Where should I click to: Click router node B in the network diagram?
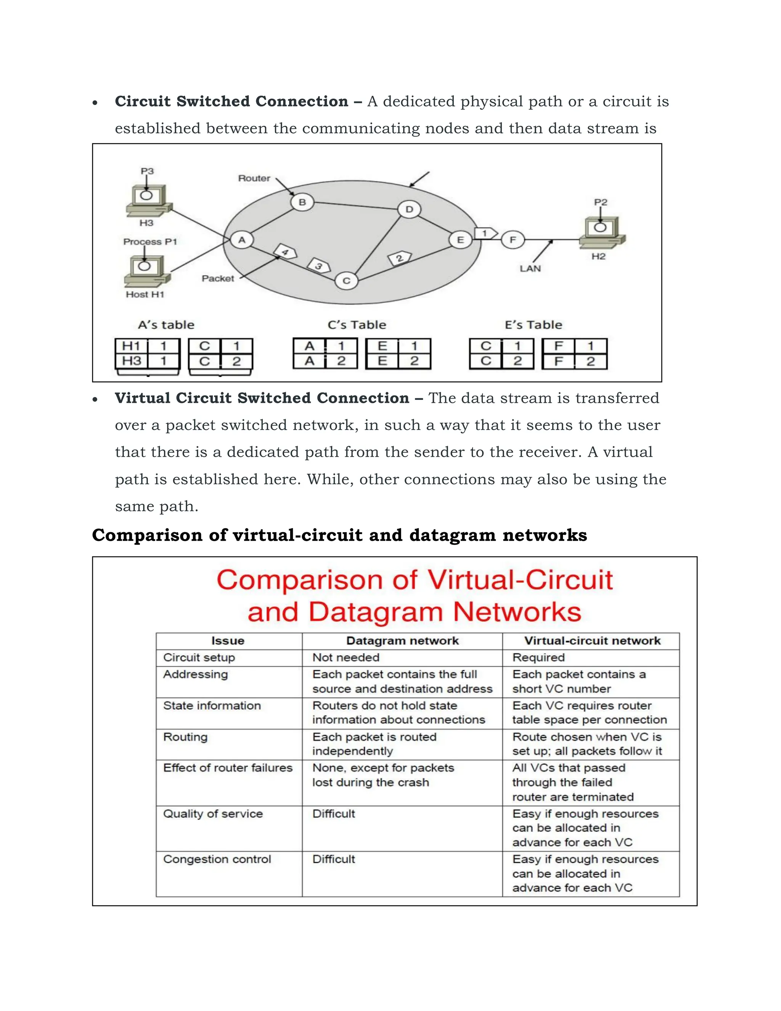tap(302, 202)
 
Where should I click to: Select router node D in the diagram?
tap(409, 209)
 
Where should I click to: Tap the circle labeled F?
tap(513, 240)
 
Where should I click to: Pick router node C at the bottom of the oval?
tap(347, 280)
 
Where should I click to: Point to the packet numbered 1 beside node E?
tap(485, 233)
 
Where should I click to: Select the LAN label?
tap(530, 269)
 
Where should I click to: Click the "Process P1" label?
tap(150, 241)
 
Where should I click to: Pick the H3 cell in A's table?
tap(132, 361)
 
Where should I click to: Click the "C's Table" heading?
tap(357, 325)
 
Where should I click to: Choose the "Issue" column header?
tap(228, 641)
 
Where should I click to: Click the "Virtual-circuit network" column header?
tap(592, 641)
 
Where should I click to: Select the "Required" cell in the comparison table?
tap(538, 657)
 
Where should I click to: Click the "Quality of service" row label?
tap(213, 814)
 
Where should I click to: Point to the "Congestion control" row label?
tap(217, 859)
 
